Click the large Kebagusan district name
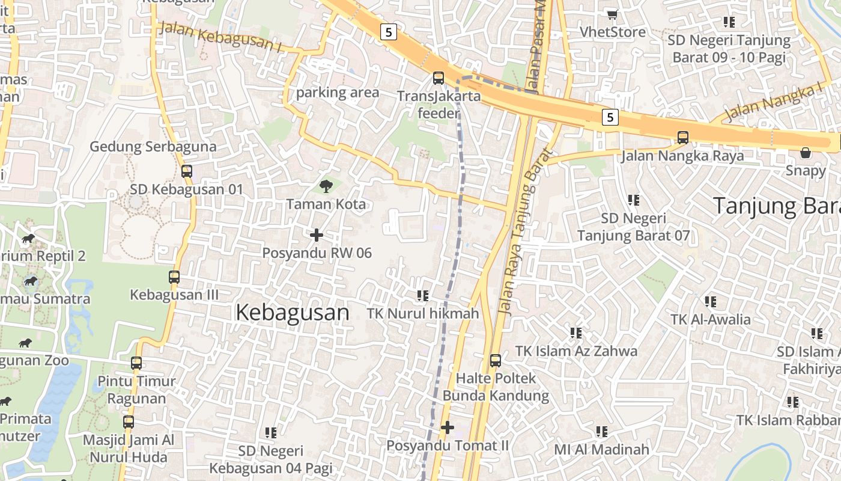tap(293, 313)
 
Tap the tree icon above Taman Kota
tap(326, 186)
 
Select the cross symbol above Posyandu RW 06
tap(317, 234)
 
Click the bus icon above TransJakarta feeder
tap(439, 78)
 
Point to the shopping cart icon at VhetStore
tap(612, 14)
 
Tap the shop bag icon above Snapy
tap(806, 153)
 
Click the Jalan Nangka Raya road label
tap(682, 156)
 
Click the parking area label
tap(338, 93)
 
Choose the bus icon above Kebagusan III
tap(174, 277)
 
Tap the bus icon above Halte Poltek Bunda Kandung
tap(496, 361)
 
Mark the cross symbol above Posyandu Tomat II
tap(448, 427)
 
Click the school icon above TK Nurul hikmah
tap(423, 295)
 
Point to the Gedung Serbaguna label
tap(153, 147)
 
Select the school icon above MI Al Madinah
tap(602, 431)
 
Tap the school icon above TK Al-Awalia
tap(711, 301)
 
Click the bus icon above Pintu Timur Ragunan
tap(136, 363)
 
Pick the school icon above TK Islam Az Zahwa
tap(576, 332)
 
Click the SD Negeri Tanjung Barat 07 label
tap(634, 227)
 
